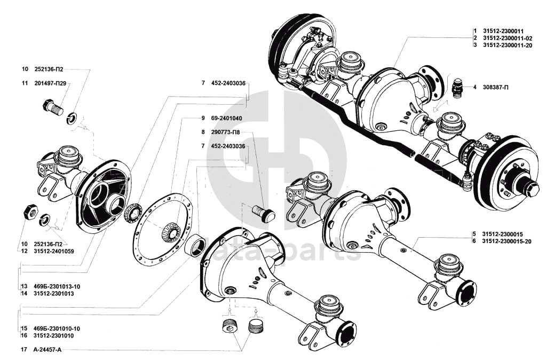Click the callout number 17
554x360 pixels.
[x=24, y=350]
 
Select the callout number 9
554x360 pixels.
[x=203, y=118]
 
